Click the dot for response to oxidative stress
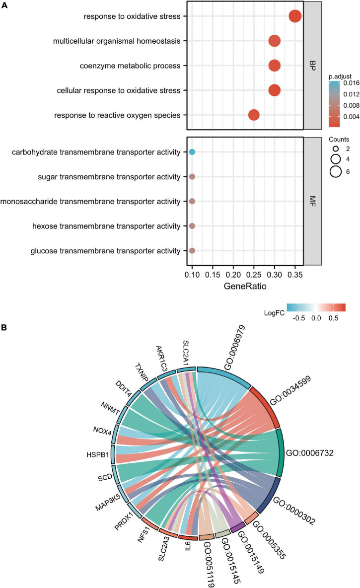[295, 16]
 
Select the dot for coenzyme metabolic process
[274, 66]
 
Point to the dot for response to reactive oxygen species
[254, 115]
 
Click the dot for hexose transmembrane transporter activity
[192, 226]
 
